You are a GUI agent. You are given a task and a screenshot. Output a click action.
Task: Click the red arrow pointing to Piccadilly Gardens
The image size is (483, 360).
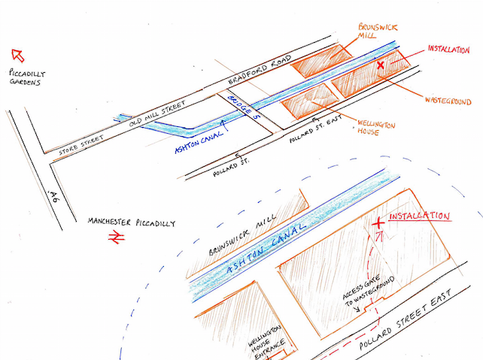click(17, 54)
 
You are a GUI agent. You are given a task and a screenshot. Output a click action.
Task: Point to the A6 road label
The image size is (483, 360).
click(52, 198)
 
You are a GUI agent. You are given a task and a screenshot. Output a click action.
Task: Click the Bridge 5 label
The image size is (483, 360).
click(243, 107)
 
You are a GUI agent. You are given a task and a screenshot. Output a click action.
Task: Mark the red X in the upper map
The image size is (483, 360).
click(380, 67)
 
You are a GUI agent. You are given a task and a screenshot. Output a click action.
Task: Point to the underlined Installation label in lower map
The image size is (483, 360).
click(418, 216)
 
